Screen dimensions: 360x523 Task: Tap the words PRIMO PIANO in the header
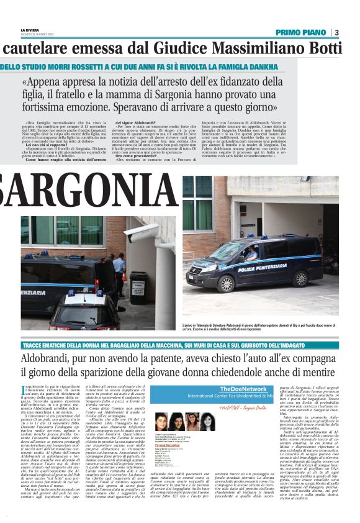point(302,32)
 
